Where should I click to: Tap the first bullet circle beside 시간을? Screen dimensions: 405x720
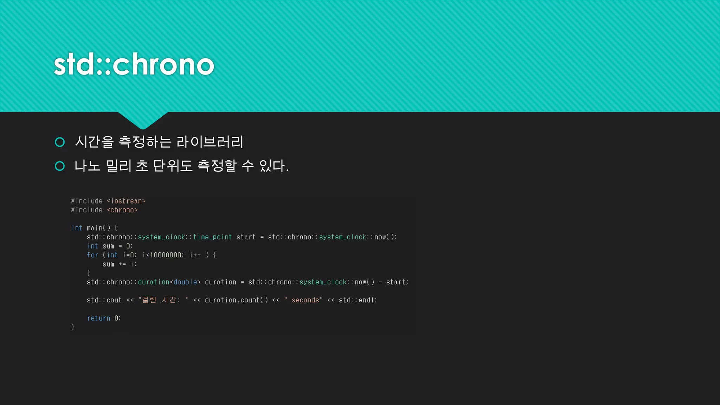(60, 142)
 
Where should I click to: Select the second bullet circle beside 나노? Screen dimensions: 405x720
(60, 166)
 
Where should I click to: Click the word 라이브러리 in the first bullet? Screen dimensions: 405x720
(210, 142)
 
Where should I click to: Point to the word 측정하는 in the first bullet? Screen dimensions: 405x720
(145, 142)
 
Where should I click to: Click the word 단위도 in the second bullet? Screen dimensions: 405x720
(173, 166)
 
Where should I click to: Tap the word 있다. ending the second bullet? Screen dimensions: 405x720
(274, 166)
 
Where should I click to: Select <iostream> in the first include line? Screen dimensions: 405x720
(126, 201)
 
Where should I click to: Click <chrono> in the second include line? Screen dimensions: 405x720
(122, 210)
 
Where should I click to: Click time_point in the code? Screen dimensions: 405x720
(212, 237)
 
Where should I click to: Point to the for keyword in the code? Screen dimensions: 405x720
(92, 255)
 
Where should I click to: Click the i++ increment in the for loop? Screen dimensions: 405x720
(195, 255)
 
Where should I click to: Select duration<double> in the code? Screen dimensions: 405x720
(169, 282)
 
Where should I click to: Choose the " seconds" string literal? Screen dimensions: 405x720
(303, 300)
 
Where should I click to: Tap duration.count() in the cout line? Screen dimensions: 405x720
(236, 300)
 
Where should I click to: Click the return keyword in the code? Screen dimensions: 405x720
(99, 318)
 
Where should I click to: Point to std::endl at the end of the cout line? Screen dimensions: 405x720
(357, 300)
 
